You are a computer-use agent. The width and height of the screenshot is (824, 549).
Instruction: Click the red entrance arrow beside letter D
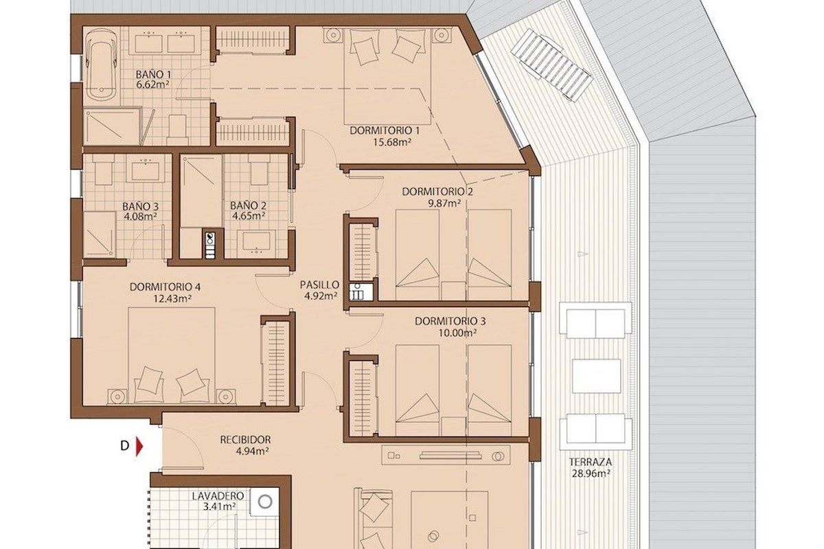139,446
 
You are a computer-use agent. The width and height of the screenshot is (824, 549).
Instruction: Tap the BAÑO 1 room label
153,74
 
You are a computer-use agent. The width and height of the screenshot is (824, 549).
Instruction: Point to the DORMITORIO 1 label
385,130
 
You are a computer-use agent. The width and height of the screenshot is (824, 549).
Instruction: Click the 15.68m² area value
392,142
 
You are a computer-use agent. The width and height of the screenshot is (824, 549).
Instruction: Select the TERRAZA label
591,462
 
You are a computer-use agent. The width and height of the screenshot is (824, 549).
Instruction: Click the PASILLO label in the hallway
319,285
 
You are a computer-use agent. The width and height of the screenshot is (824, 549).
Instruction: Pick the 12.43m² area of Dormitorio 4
172,299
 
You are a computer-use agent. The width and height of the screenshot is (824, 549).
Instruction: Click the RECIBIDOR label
245,439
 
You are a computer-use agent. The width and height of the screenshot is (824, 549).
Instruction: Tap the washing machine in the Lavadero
265,502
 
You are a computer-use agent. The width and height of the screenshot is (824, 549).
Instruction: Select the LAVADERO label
218,495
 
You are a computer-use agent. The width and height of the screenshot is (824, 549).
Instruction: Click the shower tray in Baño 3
100,235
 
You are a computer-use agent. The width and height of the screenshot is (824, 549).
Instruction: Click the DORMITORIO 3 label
450,321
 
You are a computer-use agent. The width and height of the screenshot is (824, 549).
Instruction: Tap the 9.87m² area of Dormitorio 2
444,203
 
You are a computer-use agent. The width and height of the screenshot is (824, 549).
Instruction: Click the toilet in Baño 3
103,170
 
